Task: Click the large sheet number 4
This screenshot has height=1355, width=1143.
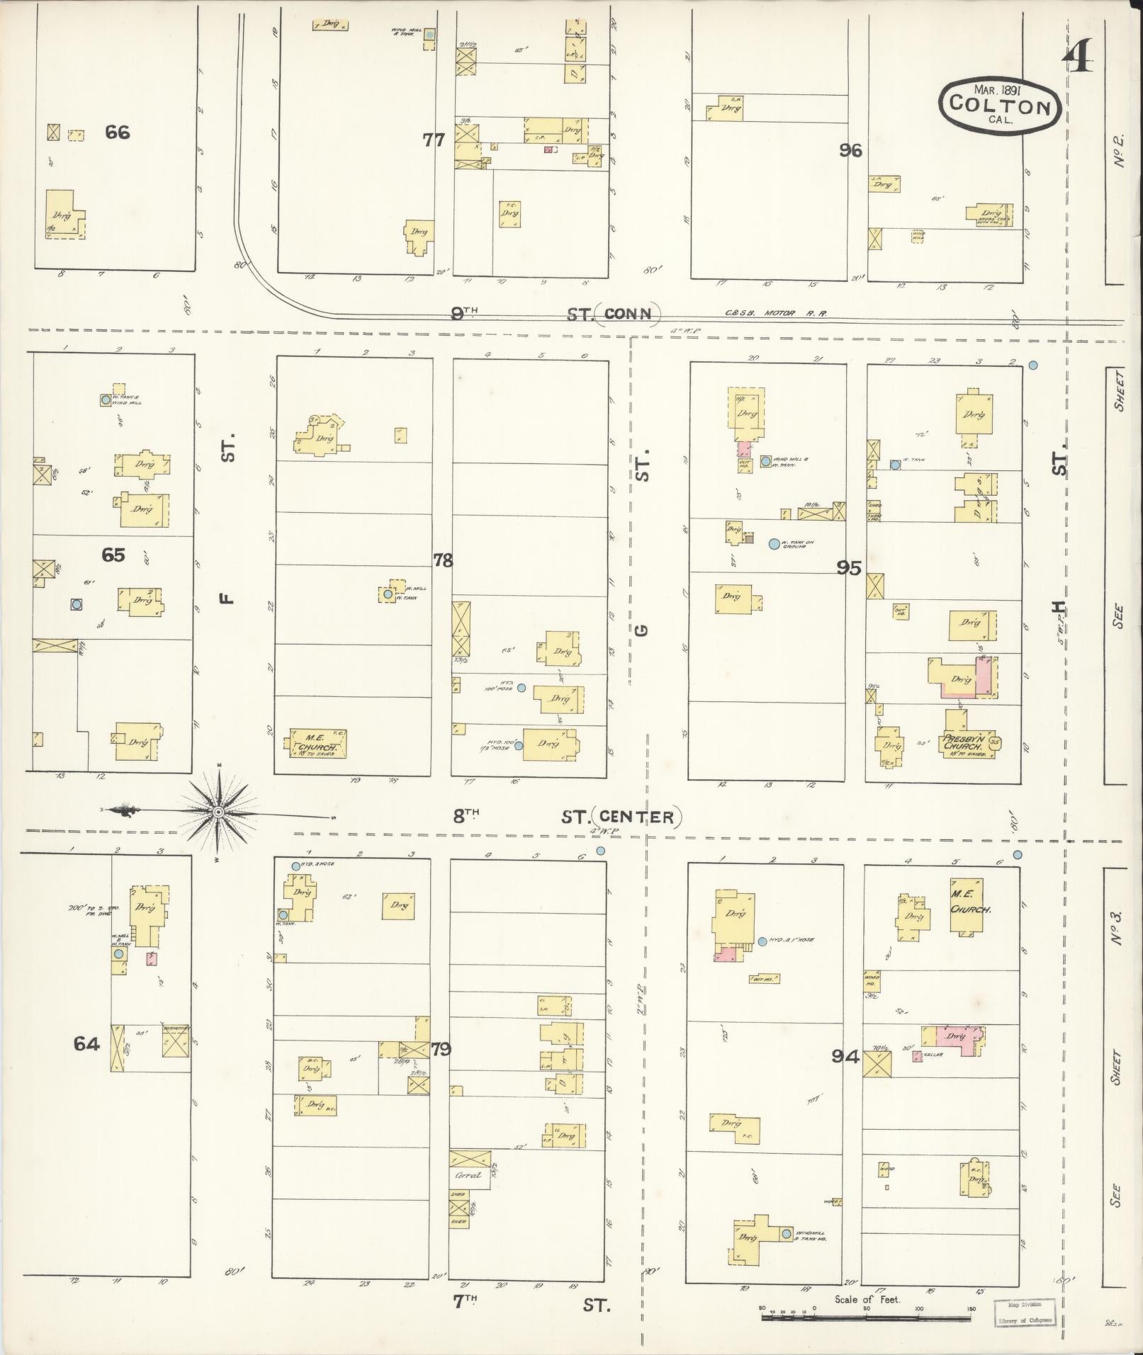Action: tap(1077, 55)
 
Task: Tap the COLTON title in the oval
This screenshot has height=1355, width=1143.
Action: tap(1000, 106)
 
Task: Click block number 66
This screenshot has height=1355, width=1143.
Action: tap(118, 132)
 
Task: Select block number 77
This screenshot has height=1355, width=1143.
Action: tap(433, 140)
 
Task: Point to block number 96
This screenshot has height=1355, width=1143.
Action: tap(850, 149)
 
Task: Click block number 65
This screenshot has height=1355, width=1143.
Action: tap(113, 555)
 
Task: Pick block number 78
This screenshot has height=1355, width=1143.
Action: tap(443, 560)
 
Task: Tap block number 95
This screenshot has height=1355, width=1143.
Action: tap(848, 567)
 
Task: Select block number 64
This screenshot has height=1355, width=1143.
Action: tap(86, 1043)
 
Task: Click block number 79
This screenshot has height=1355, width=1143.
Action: tap(441, 1048)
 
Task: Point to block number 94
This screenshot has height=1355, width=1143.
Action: tap(845, 1057)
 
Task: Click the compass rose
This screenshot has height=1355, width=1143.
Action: tap(219, 811)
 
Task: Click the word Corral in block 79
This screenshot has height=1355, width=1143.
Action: tap(468, 1174)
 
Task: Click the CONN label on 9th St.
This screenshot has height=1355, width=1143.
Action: tap(628, 314)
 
